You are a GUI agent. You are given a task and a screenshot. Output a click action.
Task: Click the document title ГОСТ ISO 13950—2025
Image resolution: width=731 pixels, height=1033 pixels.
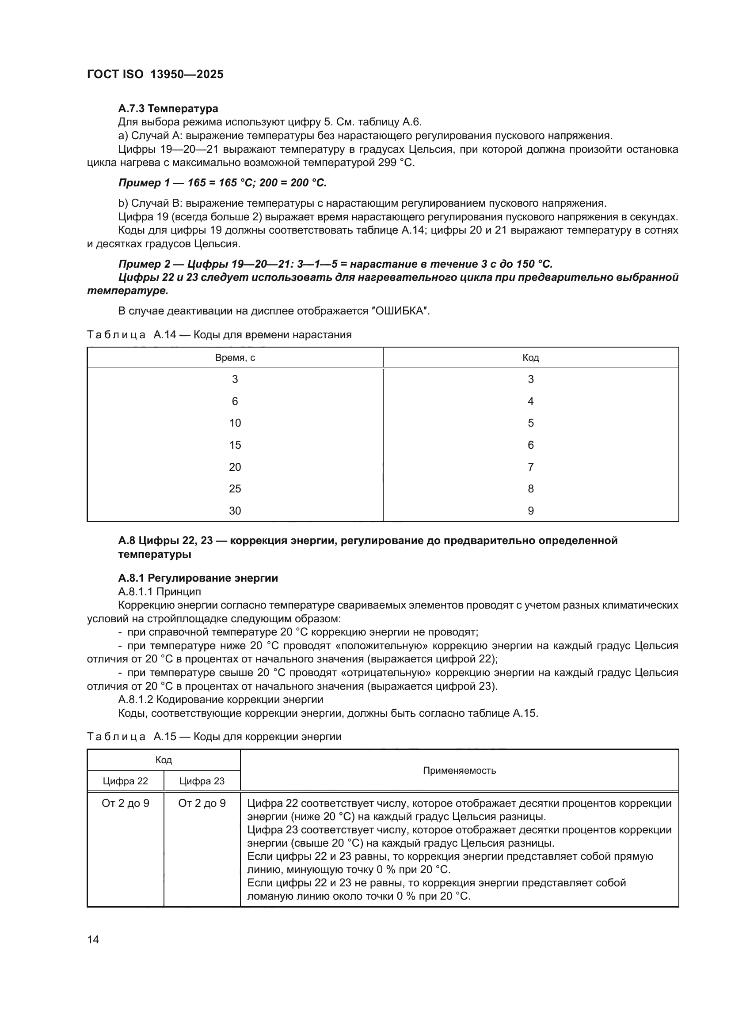[155, 74]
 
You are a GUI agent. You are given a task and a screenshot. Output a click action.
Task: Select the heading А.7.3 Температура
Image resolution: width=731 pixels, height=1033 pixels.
[168, 109]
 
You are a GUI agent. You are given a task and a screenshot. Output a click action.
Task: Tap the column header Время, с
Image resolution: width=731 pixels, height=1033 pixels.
[235, 358]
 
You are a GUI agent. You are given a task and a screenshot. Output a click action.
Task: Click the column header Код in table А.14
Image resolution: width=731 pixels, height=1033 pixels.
[531, 358]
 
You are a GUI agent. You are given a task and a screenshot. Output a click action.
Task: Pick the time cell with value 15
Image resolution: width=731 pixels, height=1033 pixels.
[235, 445]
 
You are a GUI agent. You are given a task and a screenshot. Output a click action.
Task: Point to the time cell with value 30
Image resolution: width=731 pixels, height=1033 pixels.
[235, 511]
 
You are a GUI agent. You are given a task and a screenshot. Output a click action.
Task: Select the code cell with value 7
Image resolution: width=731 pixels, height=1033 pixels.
[531, 467]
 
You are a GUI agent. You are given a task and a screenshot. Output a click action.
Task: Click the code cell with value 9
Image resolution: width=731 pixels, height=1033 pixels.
[531, 511]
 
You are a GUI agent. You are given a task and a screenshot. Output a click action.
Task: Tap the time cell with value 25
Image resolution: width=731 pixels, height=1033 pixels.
[235, 488]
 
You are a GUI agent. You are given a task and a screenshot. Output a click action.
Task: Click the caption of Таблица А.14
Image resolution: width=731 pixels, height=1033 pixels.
[219, 335]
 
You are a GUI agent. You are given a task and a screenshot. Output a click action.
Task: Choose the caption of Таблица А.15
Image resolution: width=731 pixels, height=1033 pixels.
[214, 737]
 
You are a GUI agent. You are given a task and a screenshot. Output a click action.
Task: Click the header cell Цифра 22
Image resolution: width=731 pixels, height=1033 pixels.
[125, 781]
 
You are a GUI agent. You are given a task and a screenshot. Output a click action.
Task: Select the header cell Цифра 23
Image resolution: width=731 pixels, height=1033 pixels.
[202, 781]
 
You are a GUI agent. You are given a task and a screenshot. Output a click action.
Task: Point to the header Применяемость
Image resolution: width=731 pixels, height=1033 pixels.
[459, 770]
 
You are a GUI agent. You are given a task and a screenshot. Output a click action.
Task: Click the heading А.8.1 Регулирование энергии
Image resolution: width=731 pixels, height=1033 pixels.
[198, 578]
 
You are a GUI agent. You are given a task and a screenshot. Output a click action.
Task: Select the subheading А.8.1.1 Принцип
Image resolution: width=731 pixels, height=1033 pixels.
[160, 592]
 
